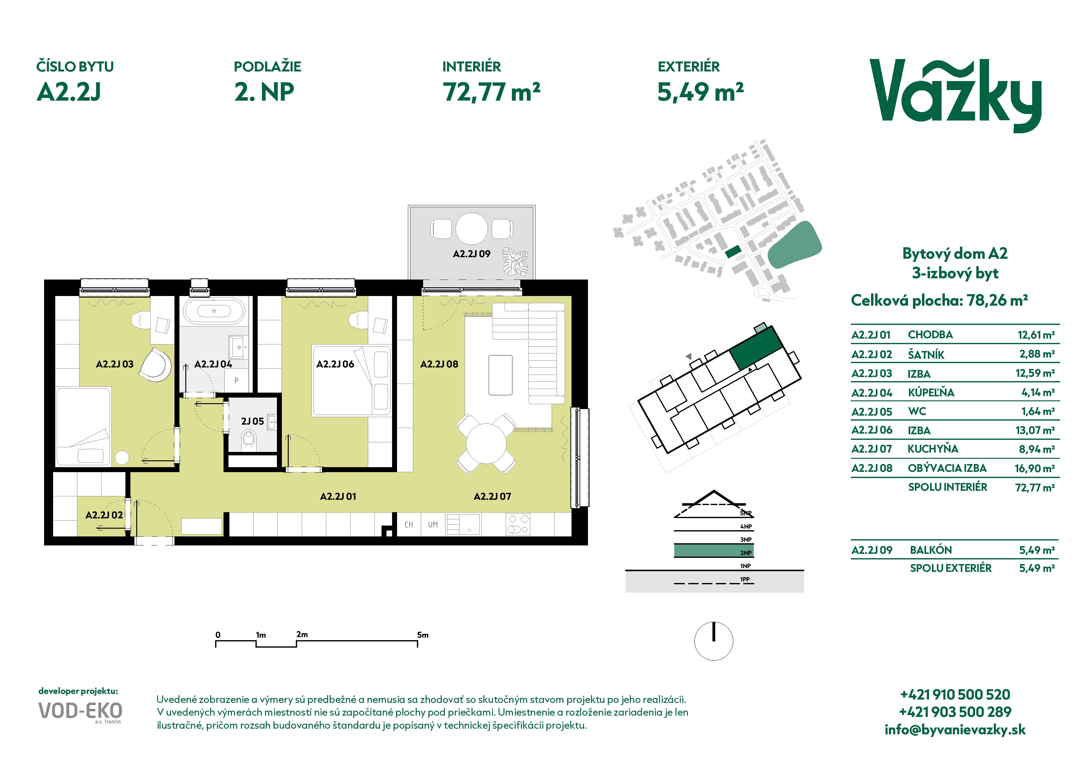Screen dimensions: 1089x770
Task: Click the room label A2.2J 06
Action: [x=335, y=364]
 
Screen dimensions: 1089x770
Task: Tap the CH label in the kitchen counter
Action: [x=409, y=525]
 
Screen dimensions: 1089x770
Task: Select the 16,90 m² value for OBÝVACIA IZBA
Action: [x=1034, y=469]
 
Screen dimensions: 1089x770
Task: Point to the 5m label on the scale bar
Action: [x=422, y=635]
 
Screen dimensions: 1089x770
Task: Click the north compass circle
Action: [x=713, y=641]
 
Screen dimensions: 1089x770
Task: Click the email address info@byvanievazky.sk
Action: [x=955, y=730]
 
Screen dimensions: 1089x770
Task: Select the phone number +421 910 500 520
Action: [x=955, y=695]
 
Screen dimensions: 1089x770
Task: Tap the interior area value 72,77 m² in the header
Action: [x=491, y=92]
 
